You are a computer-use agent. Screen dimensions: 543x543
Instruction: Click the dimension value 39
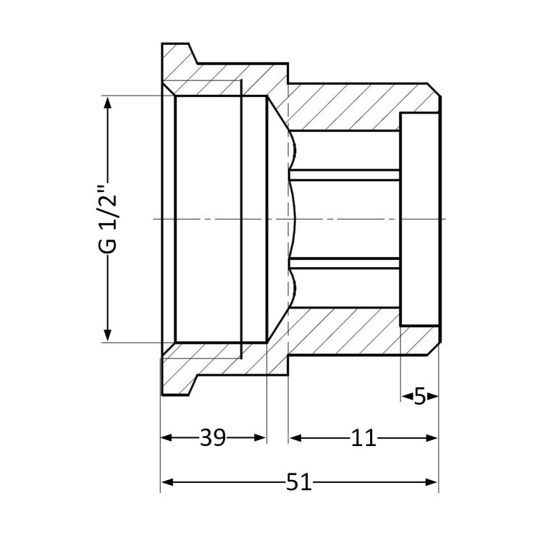point(213,438)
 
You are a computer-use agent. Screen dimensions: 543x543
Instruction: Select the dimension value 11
point(363,438)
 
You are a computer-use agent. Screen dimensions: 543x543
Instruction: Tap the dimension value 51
point(299,481)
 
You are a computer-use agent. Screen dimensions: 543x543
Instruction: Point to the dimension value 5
point(419,396)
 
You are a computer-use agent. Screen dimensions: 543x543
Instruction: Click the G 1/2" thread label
point(107,220)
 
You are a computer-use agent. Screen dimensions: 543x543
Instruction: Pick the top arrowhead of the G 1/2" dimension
point(108,103)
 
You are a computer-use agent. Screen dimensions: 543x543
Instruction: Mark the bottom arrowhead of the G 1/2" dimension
point(108,335)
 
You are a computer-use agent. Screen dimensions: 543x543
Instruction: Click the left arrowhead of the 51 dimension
point(167,481)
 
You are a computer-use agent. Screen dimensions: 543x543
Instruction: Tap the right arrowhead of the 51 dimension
point(432,481)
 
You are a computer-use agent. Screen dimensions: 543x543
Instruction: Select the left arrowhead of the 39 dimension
point(167,438)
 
